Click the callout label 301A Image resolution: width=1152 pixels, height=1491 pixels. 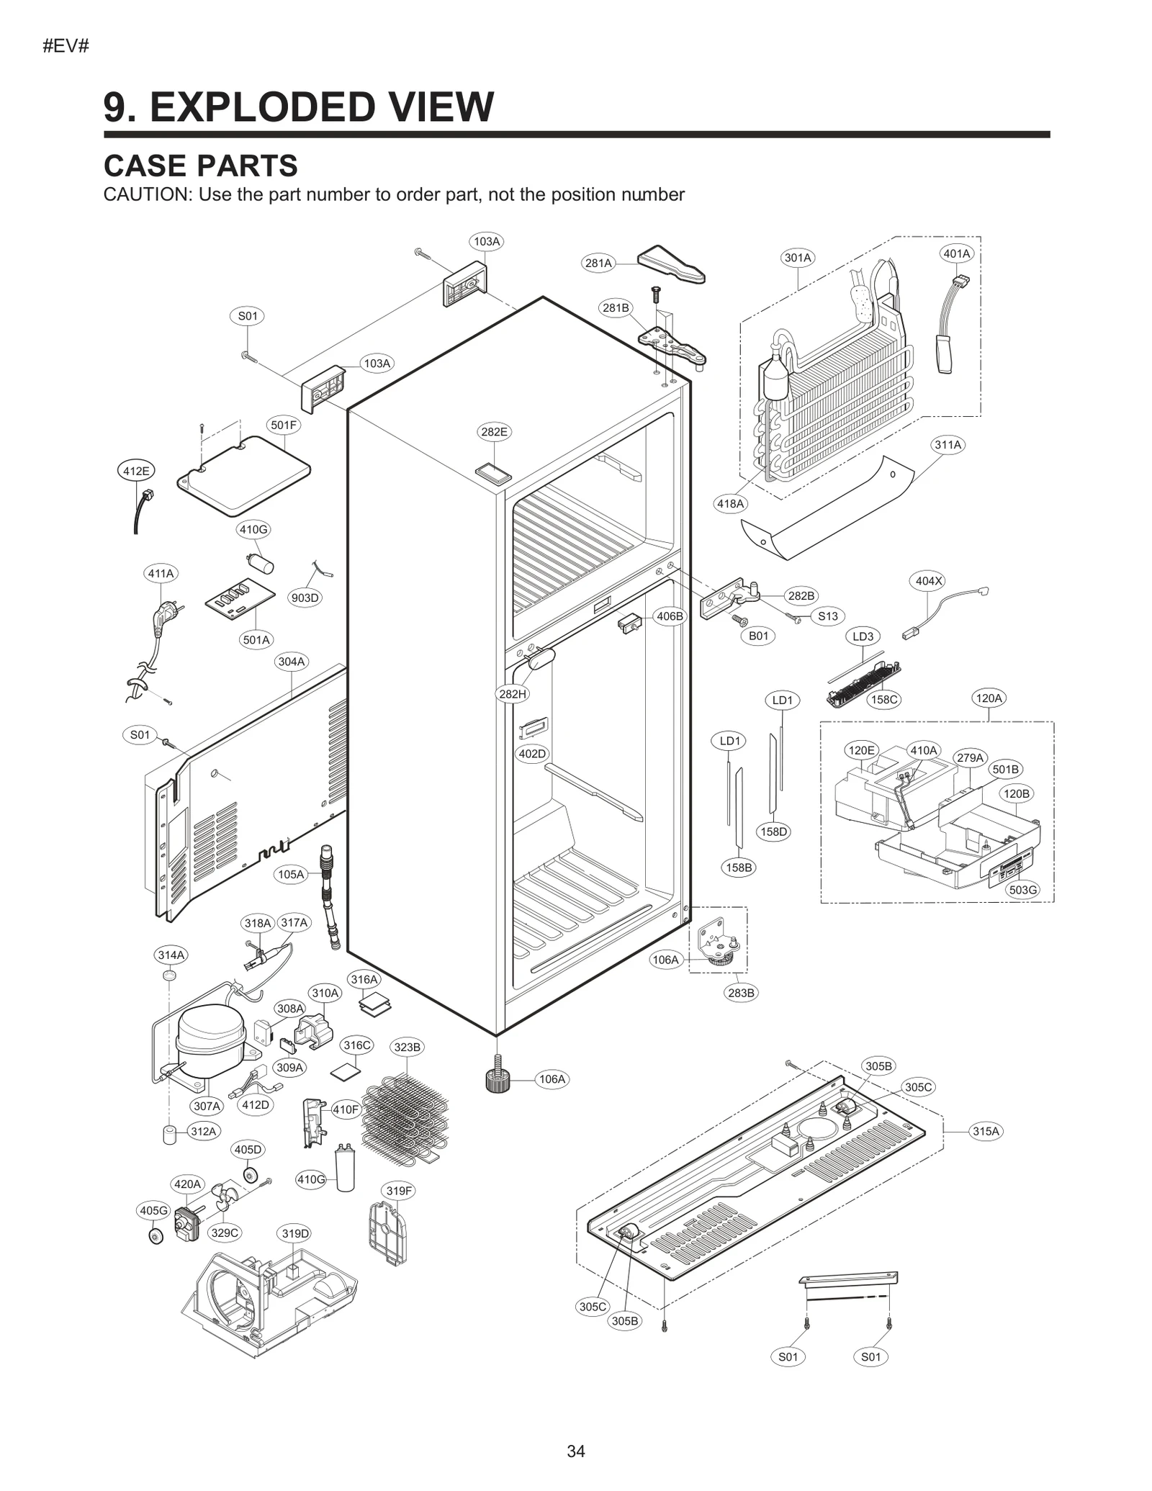[797, 258]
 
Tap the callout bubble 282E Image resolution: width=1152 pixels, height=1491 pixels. [494, 432]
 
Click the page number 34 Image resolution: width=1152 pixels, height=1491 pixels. [575, 1451]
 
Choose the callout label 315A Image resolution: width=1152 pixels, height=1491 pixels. [986, 1131]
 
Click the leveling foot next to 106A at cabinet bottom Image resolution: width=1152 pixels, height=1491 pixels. [496, 1078]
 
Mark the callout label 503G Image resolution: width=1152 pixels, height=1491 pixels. [1023, 890]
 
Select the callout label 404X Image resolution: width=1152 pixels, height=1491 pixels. [929, 581]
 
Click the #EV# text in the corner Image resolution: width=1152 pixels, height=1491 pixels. [66, 47]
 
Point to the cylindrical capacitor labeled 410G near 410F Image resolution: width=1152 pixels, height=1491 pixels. [345, 1168]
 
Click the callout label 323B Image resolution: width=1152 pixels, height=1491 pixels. [408, 1047]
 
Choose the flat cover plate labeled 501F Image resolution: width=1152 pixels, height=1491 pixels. [243, 476]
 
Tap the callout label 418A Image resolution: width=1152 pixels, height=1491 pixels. [730, 503]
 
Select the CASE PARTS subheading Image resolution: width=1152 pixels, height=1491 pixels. [201, 166]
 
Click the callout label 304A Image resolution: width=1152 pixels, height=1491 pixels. [292, 661]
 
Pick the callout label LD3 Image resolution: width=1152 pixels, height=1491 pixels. [863, 636]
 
